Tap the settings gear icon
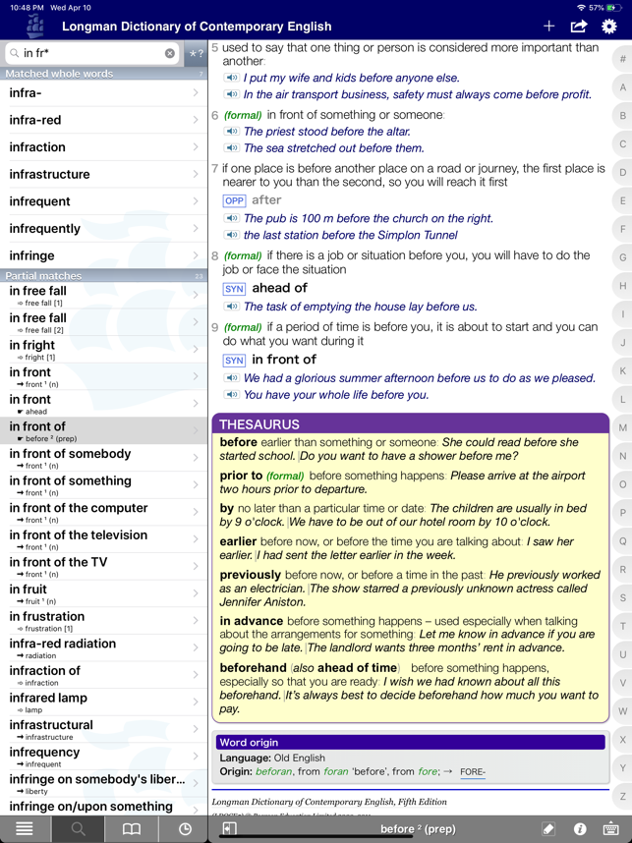pyautogui.click(x=609, y=26)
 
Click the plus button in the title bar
pyautogui.click(x=548, y=26)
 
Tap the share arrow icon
pyautogui.click(x=579, y=26)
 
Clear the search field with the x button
pyautogui.click(x=170, y=53)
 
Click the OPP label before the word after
pyautogui.click(x=234, y=200)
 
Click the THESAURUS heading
pyautogui.click(x=260, y=424)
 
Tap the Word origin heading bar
pyautogui.click(x=410, y=743)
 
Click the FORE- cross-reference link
pyautogui.click(x=473, y=772)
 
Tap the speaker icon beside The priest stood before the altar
pyautogui.click(x=232, y=132)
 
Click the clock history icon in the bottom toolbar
pyautogui.click(x=185, y=829)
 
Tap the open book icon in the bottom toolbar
pyautogui.click(x=131, y=829)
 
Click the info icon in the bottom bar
pyautogui.click(x=580, y=829)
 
